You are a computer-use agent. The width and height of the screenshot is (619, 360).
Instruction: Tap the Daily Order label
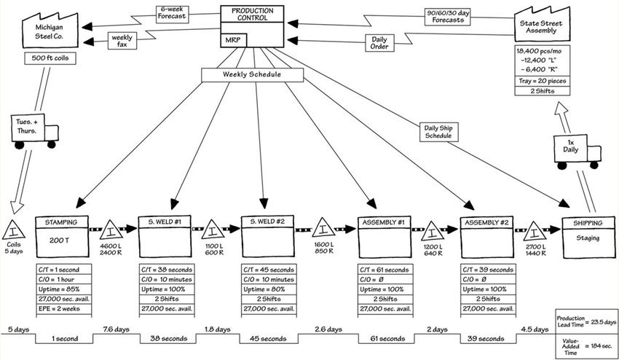pyautogui.click(x=379, y=42)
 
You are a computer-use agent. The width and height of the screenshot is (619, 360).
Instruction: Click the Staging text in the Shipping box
pyautogui.click(x=588, y=238)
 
